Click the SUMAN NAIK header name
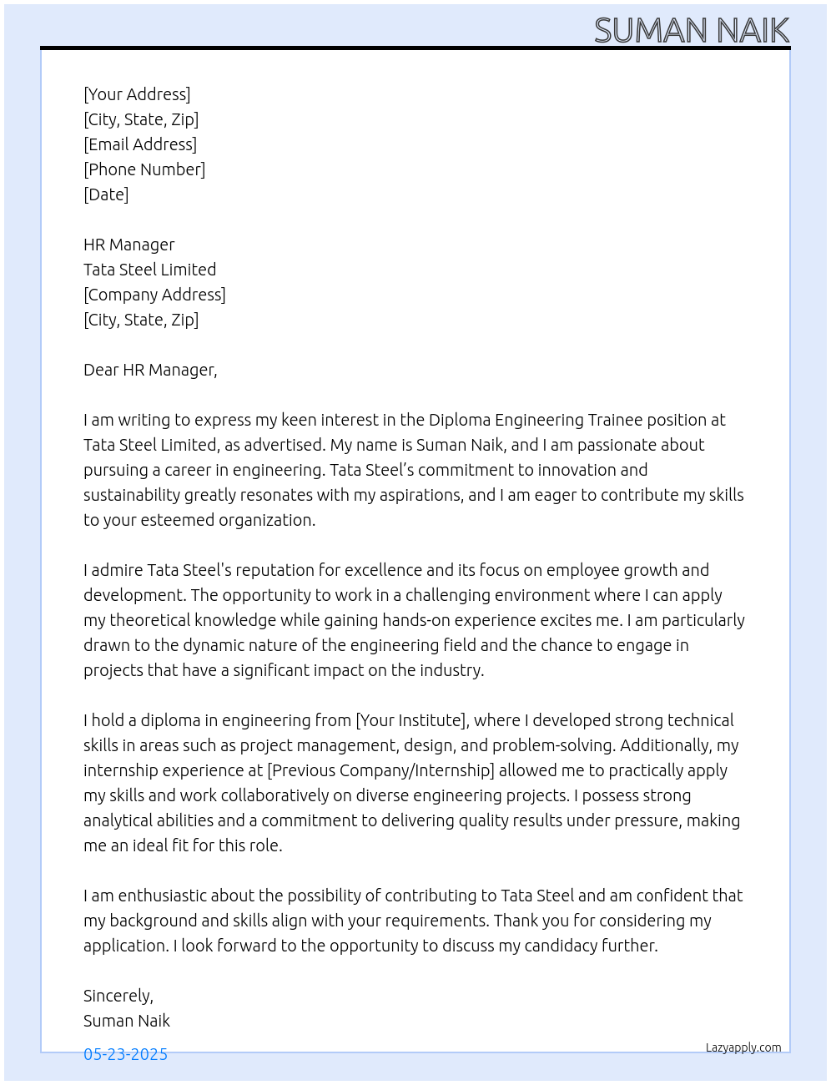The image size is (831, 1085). click(x=691, y=31)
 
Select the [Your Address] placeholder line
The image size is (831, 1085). click(x=137, y=94)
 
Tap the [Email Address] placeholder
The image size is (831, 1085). click(x=140, y=144)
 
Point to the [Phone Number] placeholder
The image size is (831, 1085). click(x=144, y=169)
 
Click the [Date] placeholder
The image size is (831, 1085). click(x=106, y=194)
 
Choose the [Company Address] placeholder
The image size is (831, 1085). click(x=154, y=295)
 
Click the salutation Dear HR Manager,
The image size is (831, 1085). click(x=150, y=370)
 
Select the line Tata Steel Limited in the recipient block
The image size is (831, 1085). click(x=149, y=270)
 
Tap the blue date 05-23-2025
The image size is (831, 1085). click(x=125, y=1054)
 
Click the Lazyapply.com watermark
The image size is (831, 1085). click(x=743, y=1047)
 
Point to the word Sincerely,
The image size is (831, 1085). click(x=118, y=996)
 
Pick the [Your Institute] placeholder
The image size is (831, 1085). click(x=410, y=720)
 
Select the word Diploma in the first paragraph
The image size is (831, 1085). click(x=459, y=420)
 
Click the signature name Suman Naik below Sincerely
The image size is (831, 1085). click(x=127, y=1021)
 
